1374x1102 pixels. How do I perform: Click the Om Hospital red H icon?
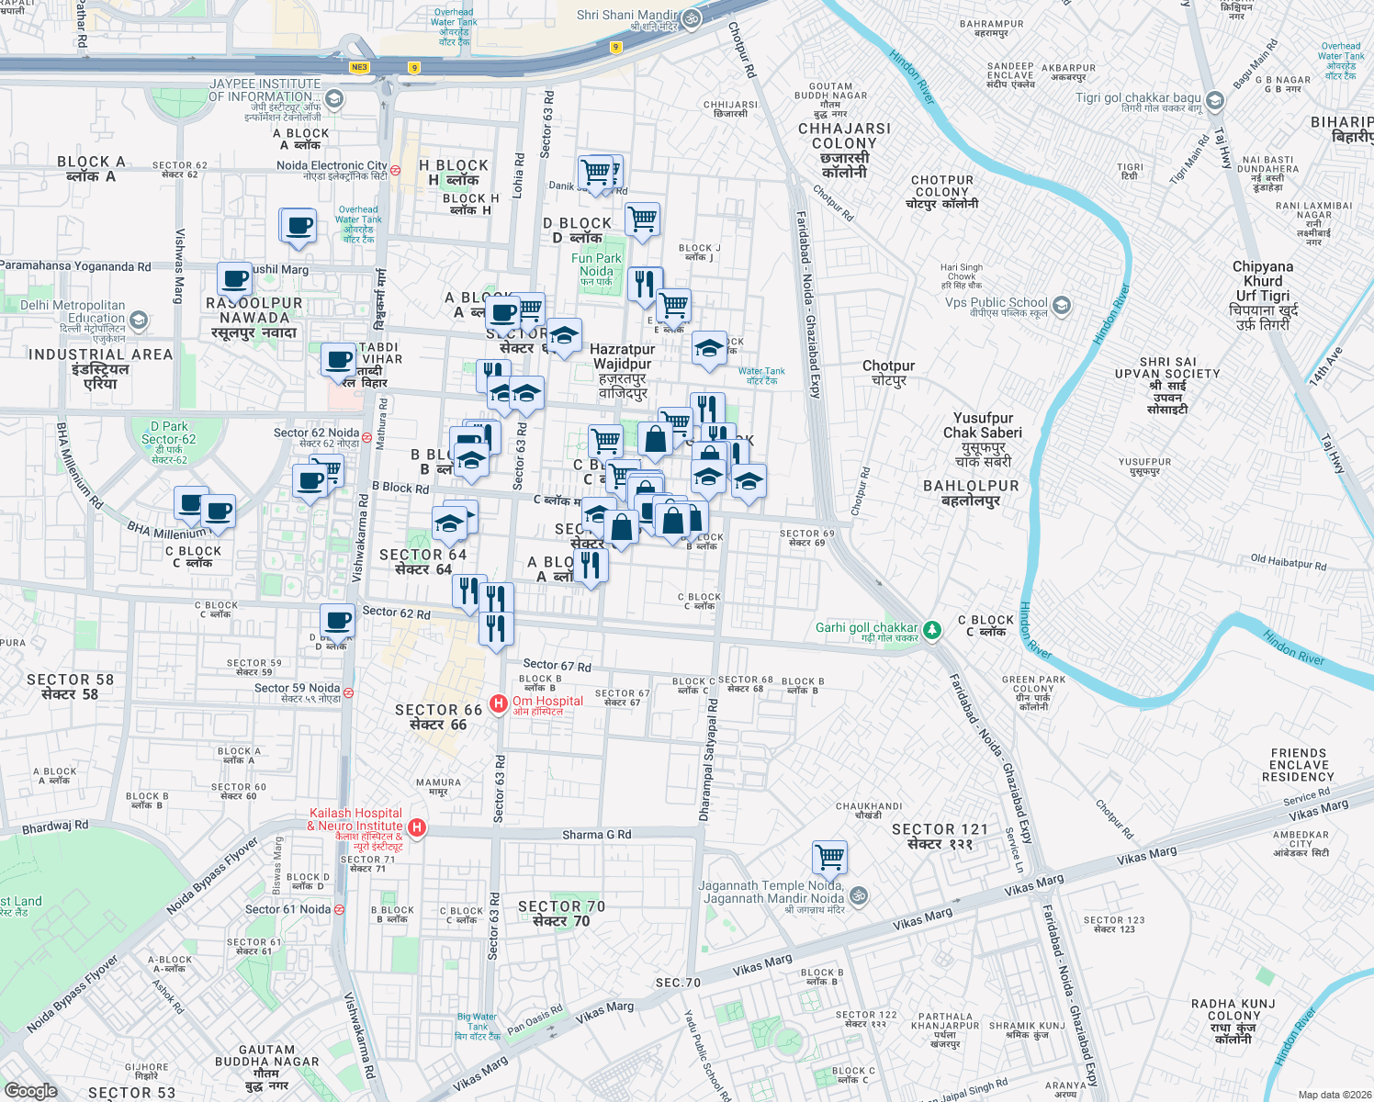point(498,704)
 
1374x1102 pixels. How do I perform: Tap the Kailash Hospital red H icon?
point(416,827)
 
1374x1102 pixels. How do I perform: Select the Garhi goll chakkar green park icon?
point(932,630)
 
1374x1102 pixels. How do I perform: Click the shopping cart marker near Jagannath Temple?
point(829,858)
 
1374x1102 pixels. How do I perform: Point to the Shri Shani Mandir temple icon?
point(692,18)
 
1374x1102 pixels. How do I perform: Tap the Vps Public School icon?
point(1062,305)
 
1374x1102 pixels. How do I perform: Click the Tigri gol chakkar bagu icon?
point(1215,100)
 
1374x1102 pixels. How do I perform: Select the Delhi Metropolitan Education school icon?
point(139,320)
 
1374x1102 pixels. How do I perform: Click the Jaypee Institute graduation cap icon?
point(334,98)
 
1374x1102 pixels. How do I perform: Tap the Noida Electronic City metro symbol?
point(395,170)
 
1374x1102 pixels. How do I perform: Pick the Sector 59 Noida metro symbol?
point(348,692)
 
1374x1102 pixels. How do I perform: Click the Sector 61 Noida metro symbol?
point(339,909)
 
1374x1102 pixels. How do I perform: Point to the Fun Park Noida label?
point(596,269)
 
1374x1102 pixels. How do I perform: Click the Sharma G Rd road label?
point(596,835)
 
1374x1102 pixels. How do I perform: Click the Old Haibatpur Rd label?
point(1288,562)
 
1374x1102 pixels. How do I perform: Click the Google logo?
point(30,1090)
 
